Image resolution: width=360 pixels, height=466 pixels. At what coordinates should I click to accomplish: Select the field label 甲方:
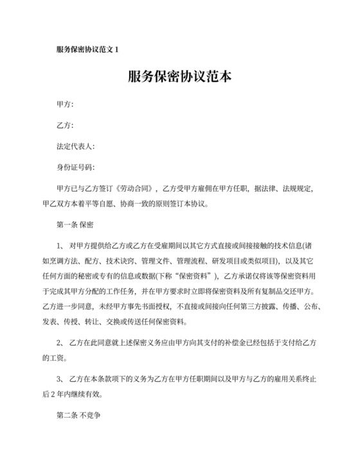coord(65,104)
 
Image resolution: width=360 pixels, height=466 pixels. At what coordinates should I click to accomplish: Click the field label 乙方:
coord(65,125)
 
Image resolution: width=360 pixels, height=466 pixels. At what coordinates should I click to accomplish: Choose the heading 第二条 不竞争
coord(80,415)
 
